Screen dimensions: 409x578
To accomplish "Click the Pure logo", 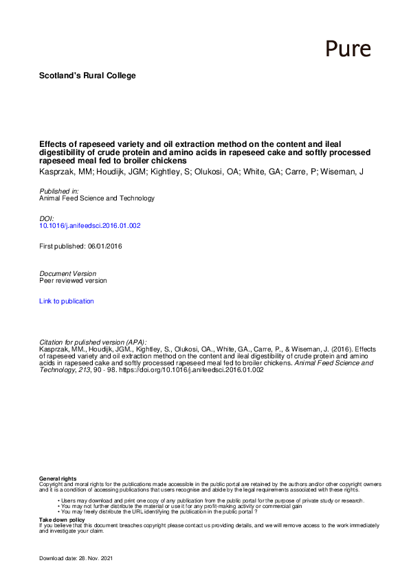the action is click(347, 48).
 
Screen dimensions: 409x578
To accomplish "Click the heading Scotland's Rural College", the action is click(87, 76).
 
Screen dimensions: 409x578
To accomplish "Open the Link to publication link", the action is click(67, 301).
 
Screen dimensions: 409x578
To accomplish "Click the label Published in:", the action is click(58, 191).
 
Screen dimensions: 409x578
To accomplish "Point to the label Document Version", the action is click(68, 273).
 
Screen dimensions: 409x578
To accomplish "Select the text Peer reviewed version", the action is click(73, 280).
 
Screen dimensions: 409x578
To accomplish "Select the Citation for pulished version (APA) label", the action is click(93, 342).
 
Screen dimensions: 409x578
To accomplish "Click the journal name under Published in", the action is click(97, 198).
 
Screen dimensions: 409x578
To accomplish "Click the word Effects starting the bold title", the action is click(52, 145).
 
